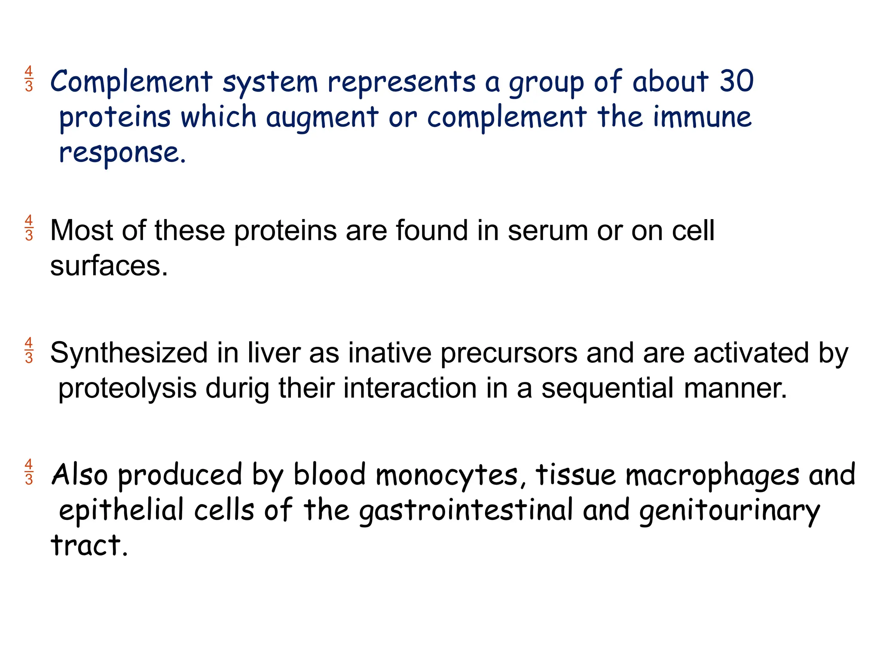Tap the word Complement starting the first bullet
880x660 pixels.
click(x=131, y=82)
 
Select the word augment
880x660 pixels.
click(x=322, y=118)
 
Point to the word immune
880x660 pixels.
click(x=702, y=117)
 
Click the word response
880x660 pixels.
click(x=122, y=153)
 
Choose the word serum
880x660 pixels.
click(x=547, y=231)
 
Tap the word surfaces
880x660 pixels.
click(x=109, y=266)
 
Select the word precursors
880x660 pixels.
click(x=509, y=354)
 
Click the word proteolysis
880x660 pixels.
click(x=127, y=389)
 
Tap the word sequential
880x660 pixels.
click(x=607, y=389)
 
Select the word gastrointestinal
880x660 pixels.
click(x=466, y=510)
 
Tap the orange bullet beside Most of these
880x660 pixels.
click(x=29, y=228)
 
